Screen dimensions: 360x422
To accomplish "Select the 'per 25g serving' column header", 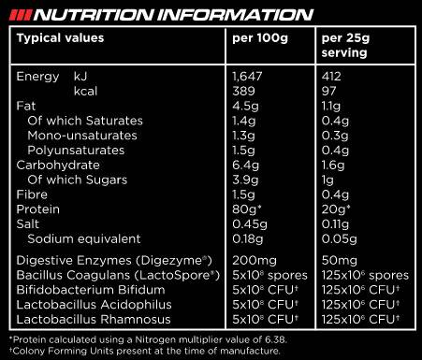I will pos(347,46).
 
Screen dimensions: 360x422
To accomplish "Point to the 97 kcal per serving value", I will pos(329,92).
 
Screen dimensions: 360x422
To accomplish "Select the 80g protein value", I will pos(246,209).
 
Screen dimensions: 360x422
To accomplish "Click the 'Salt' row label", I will pos(30,224).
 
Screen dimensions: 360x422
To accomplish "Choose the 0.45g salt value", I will pos(248,224).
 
